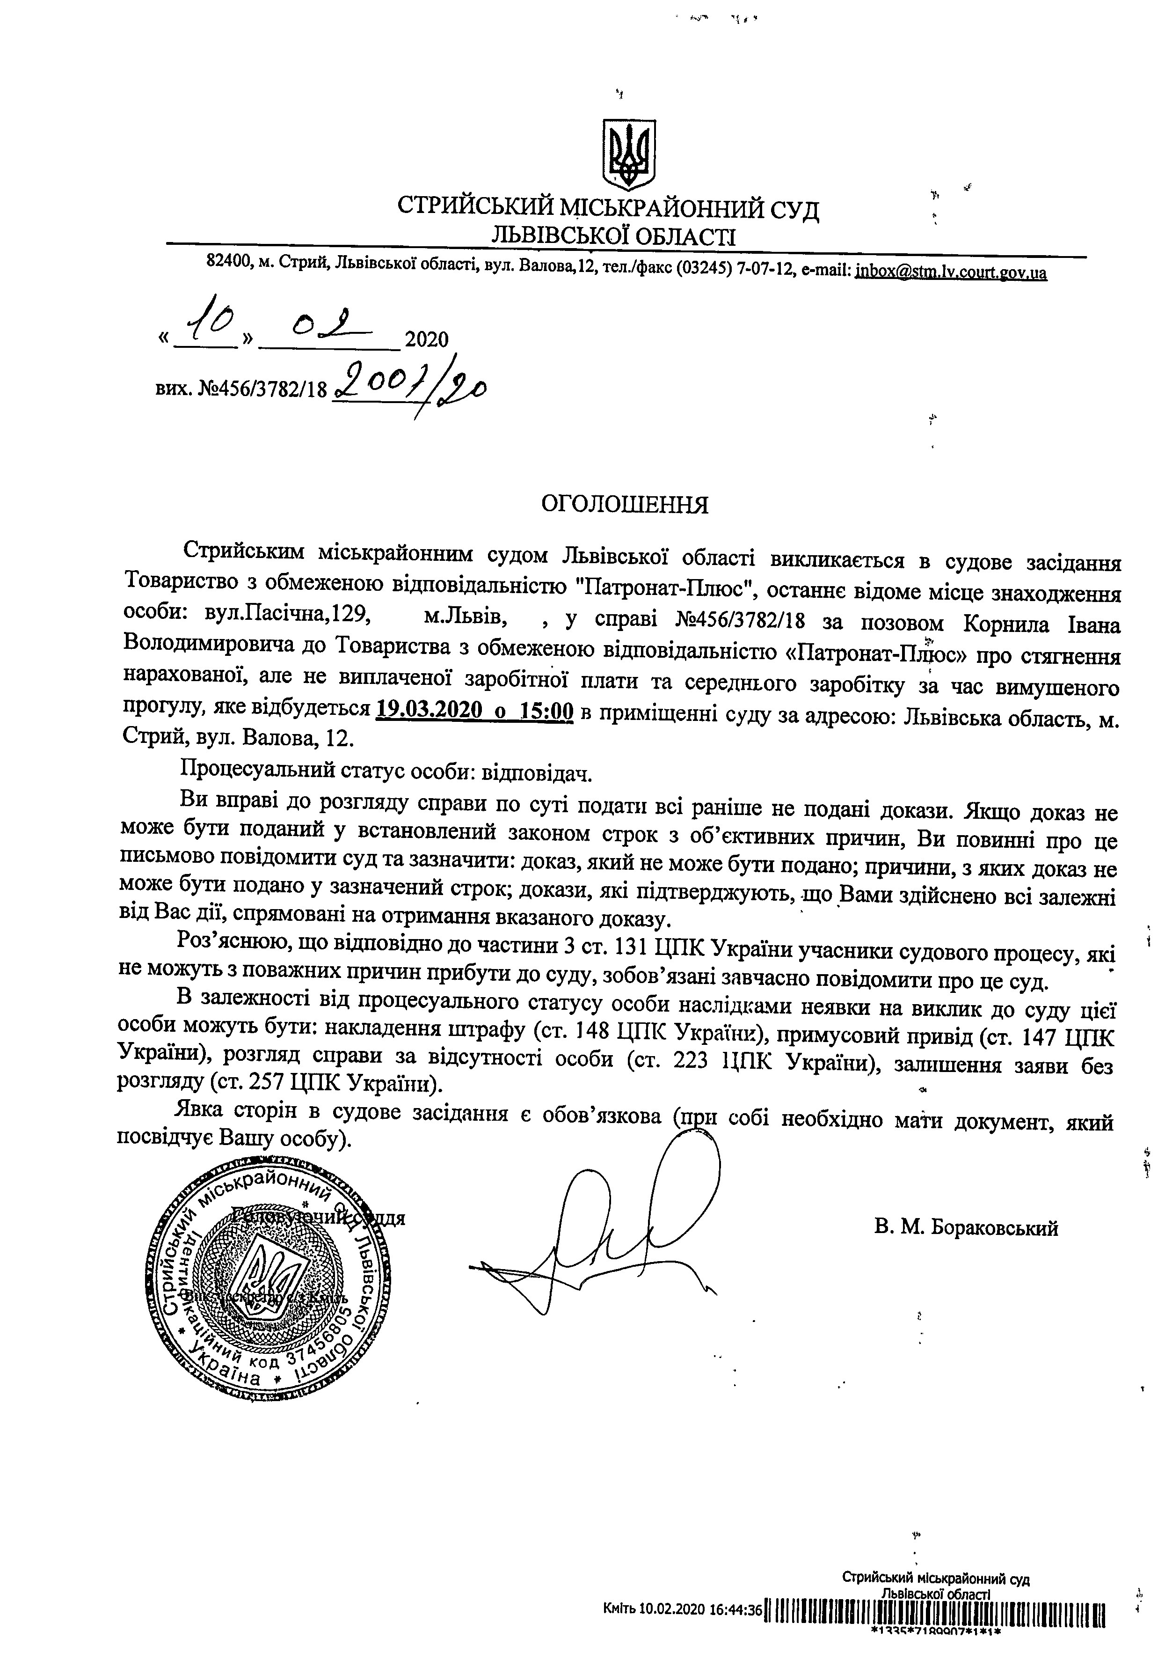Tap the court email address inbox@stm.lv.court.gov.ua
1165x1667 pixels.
pyautogui.click(x=950, y=273)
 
